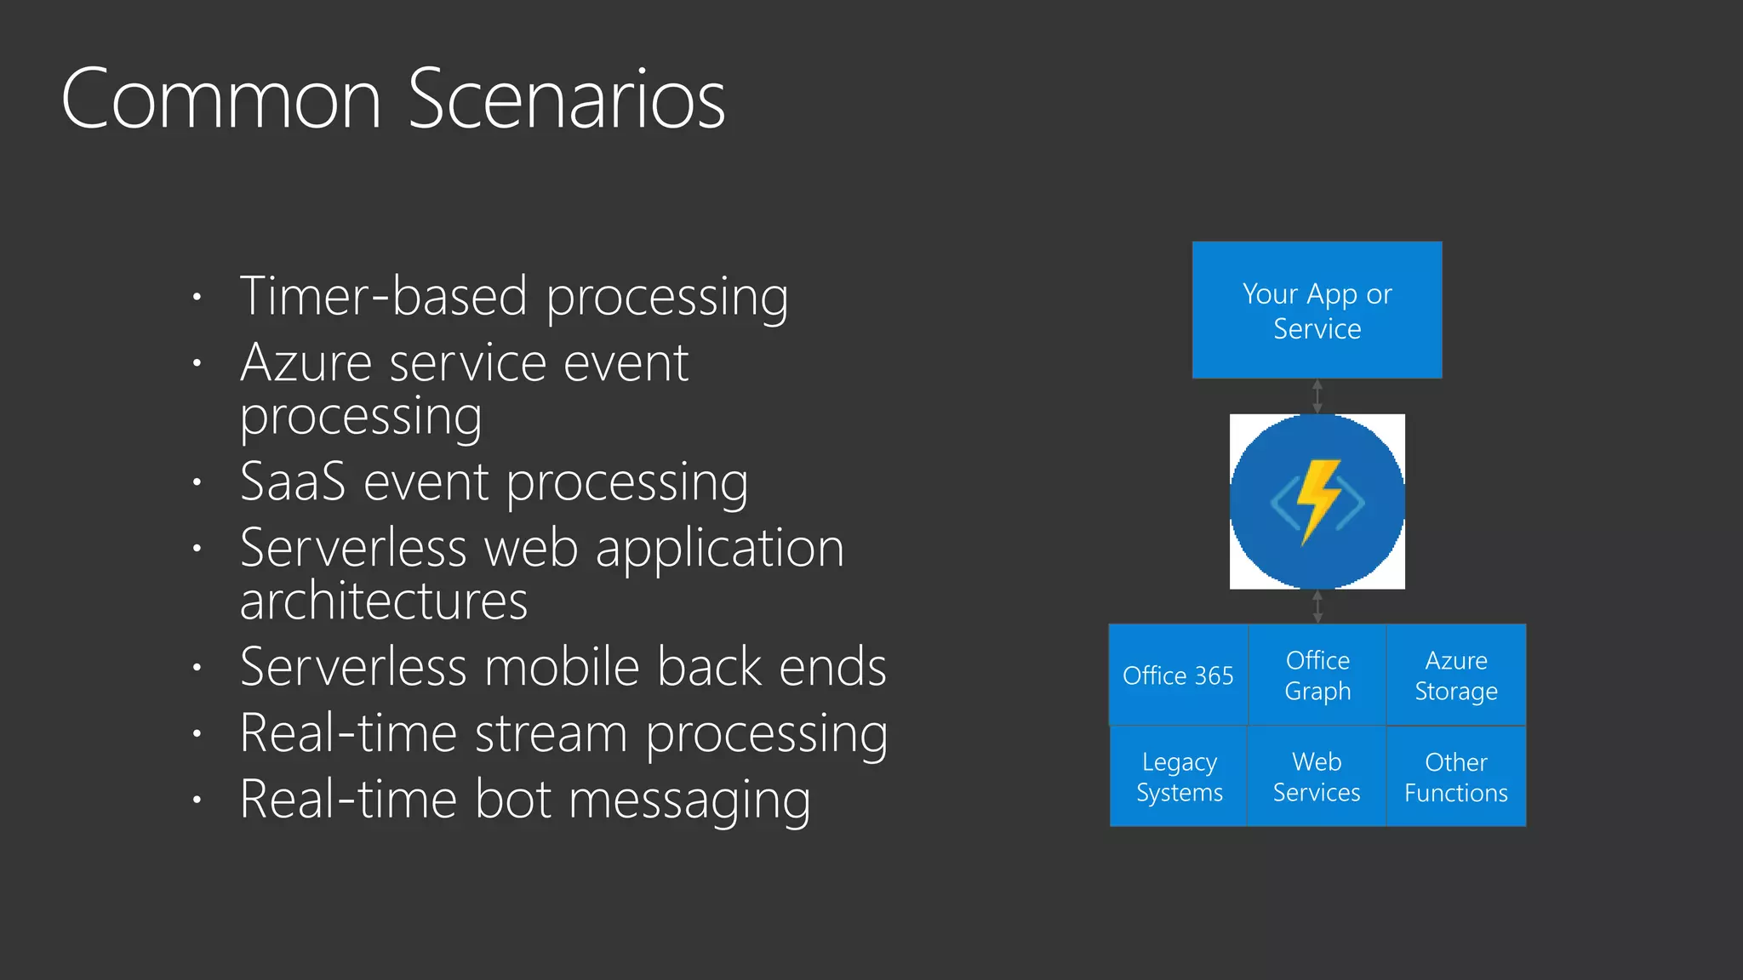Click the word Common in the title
[x=221, y=100]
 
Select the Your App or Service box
[x=1317, y=311]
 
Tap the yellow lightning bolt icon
[x=1317, y=500]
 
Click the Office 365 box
[x=1178, y=675]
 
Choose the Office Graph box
[x=1317, y=675]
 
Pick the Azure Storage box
[x=1456, y=675]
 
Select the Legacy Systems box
[x=1179, y=777]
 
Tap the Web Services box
[x=1317, y=777]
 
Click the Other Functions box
[x=1456, y=777]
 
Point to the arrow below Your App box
[x=1317, y=396]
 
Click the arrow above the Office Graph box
[x=1317, y=607]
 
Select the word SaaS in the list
[x=293, y=482]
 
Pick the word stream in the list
[x=551, y=733]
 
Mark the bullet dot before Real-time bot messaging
[x=197, y=801]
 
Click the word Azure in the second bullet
[x=306, y=364]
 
